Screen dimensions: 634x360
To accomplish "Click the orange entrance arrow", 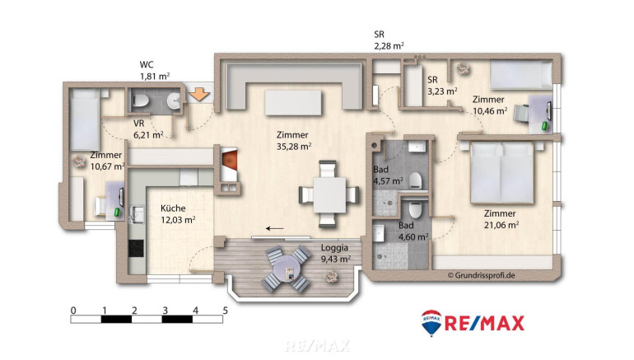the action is [x=199, y=94].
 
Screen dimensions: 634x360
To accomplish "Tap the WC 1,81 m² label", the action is [x=155, y=70].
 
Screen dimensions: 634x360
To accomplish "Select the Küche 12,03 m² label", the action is [x=178, y=214].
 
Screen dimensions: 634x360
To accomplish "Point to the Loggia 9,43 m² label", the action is [x=335, y=253].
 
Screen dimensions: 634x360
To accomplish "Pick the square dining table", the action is [x=329, y=195].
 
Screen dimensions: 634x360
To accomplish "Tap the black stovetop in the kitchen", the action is [x=136, y=248].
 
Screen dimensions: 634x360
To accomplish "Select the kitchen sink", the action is [x=136, y=214].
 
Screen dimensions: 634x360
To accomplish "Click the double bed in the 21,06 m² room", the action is [x=501, y=172].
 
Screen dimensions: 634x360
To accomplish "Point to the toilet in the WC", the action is [x=140, y=101].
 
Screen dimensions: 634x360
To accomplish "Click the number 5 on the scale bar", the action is [x=226, y=311].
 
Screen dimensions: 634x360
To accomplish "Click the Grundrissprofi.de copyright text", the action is [x=481, y=275].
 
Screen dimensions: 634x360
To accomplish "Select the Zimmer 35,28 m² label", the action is [x=294, y=140].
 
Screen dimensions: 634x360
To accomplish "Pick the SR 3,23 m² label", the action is [x=442, y=86].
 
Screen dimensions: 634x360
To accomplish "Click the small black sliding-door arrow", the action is [x=274, y=229].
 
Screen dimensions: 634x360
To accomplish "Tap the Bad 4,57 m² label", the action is [x=388, y=175].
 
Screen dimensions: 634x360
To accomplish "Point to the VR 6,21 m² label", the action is [x=148, y=129].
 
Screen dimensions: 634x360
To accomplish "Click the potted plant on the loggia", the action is [x=331, y=277].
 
